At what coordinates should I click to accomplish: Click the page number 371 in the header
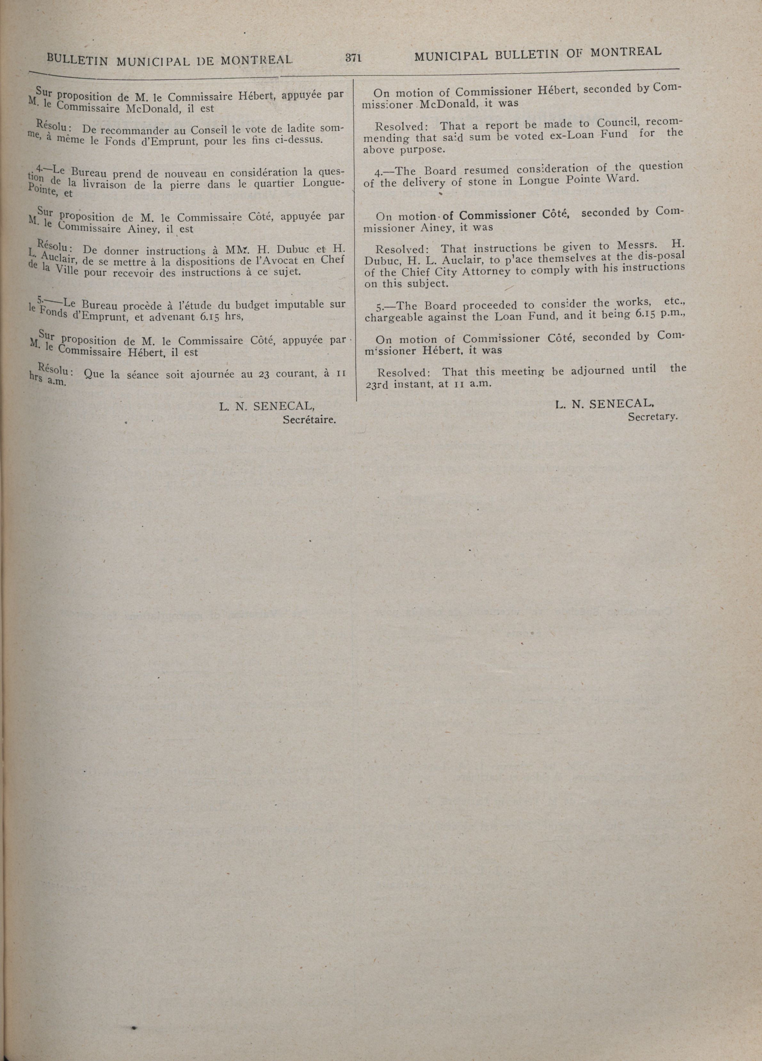(x=354, y=58)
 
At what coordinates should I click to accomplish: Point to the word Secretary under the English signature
(x=653, y=416)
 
